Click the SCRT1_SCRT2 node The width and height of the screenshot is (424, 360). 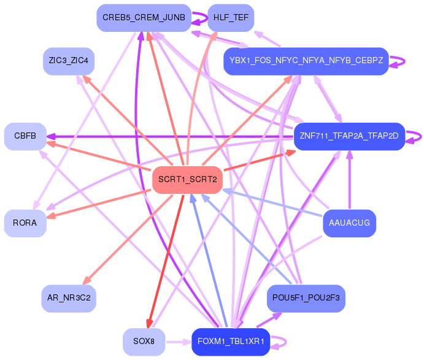pyautogui.click(x=187, y=180)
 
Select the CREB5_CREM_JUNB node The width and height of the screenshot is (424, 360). pyautogui.click(x=144, y=18)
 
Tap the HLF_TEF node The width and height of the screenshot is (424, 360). pyautogui.click(x=231, y=18)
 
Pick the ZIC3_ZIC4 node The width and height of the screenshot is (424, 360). pyautogui.click(x=69, y=61)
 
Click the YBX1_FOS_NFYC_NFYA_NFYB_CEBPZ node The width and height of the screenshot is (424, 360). pyautogui.click(x=306, y=61)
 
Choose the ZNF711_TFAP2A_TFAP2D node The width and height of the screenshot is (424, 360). pyautogui.click(x=349, y=136)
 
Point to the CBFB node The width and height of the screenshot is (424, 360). pyautogui.click(x=25, y=136)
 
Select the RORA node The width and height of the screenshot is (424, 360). pyautogui.click(x=25, y=223)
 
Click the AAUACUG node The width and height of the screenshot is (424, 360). pyautogui.click(x=349, y=223)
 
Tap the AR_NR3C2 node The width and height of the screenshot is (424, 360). pyautogui.click(x=69, y=298)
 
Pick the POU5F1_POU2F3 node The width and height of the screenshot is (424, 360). pyautogui.click(x=306, y=298)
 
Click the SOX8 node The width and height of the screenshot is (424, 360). pyautogui.click(x=144, y=342)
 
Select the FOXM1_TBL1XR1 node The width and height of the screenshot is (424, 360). pyautogui.click(x=231, y=342)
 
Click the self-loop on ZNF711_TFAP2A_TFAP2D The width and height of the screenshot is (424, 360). pyautogui.click(x=416, y=136)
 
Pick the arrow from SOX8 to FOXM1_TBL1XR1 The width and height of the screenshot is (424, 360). pyautogui.click(x=179, y=342)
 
